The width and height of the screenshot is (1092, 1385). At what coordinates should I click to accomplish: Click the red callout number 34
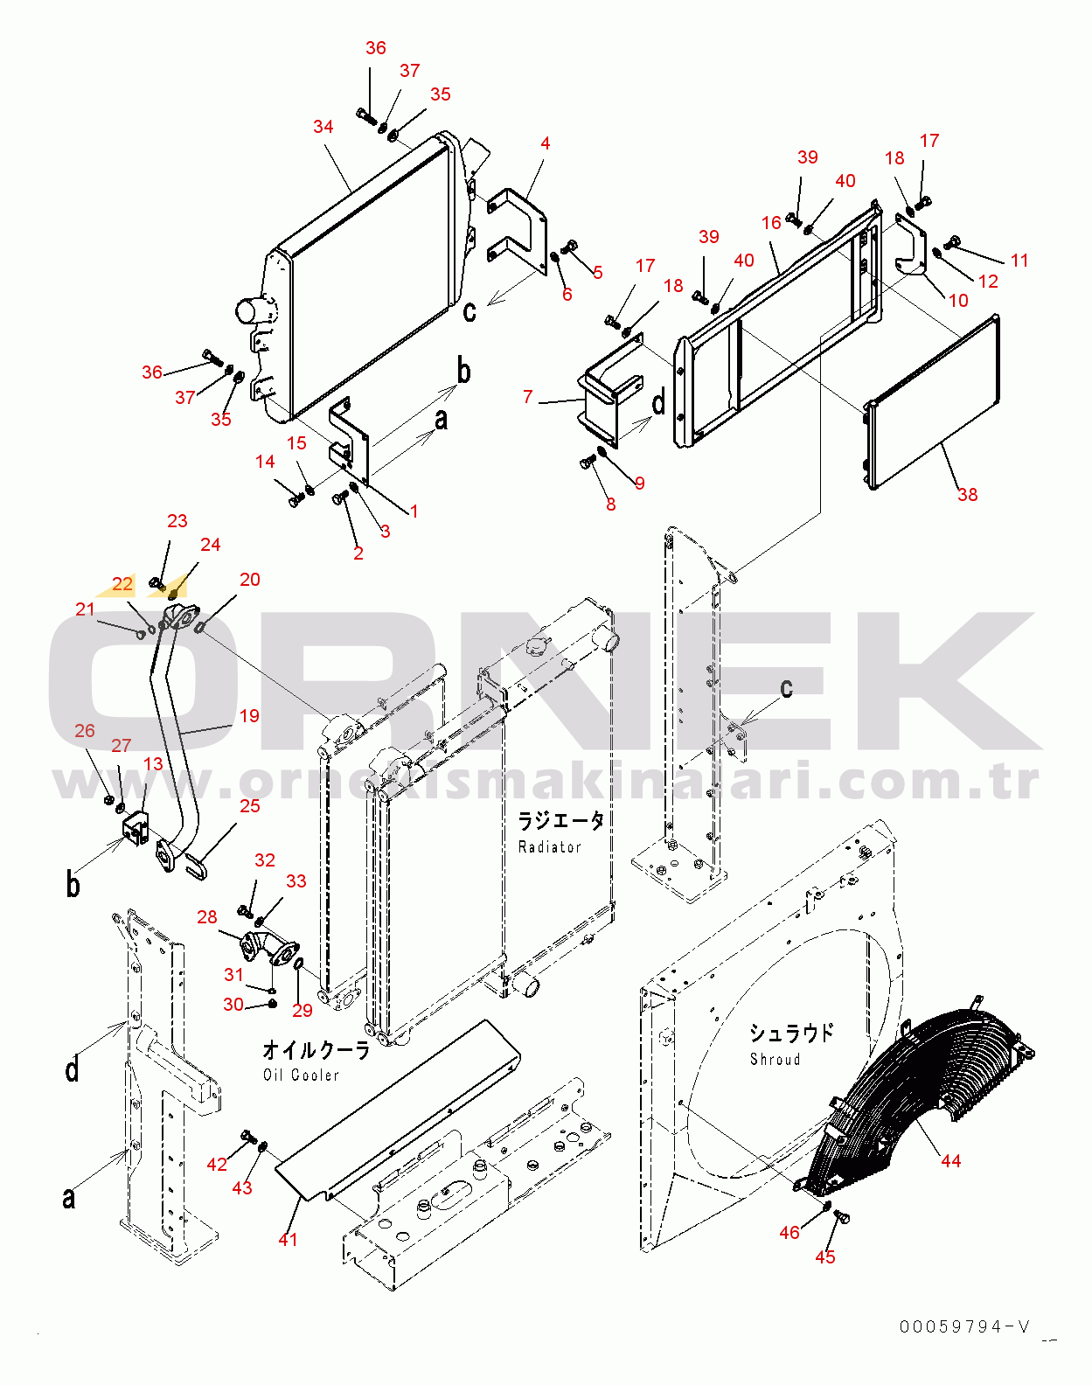pyautogui.click(x=323, y=127)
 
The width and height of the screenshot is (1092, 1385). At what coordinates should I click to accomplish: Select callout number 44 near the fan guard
pyautogui.click(x=950, y=1161)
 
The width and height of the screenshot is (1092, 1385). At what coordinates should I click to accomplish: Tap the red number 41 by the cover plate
pyautogui.click(x=288, y=1240)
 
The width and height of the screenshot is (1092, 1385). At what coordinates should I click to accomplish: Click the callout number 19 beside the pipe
pyautogui.click(x=249, y=716)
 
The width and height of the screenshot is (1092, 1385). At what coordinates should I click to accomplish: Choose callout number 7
pyautogui.click(x=527, y=397)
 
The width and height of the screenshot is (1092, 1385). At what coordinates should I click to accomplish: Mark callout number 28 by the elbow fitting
pyautogui.click(x=207, y=917)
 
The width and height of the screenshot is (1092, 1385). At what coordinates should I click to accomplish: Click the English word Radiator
pyautogui.click(x=549, y=847)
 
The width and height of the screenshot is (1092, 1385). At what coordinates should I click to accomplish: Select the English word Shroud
pyautogui.click(x=775, y=1060)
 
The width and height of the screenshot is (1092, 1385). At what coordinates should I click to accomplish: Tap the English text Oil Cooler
pyautogui.click(x=301, y=1075)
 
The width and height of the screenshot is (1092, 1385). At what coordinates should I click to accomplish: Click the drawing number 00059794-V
pyautogui.click(x=964, y=1327)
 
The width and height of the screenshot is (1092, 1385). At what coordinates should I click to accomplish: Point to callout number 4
pyautogui.click(x=546, y=143)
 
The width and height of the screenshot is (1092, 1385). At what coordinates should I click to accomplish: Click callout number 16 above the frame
pyautogui.click(x=771, y=223)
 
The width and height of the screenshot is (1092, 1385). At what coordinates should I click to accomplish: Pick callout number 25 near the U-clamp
pyautogui.click(x=250, y=806)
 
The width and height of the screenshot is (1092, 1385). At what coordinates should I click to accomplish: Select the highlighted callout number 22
pyautogui.click(x=123, y=584)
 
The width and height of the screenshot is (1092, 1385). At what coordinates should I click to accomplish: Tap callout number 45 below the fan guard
pyautogui.click(x=825, y=1257)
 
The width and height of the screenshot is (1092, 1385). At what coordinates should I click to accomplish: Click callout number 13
pyautogui.click(x=153, y=764)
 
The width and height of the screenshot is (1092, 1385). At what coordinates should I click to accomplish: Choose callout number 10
pyautogui.click(x=958, y=301)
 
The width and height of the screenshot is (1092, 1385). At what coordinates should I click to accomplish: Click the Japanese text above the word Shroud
pyautogui.click(x=791, y=1034)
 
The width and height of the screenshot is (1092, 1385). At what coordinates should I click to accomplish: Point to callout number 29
pyautogui.click(x=303, y=1011)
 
